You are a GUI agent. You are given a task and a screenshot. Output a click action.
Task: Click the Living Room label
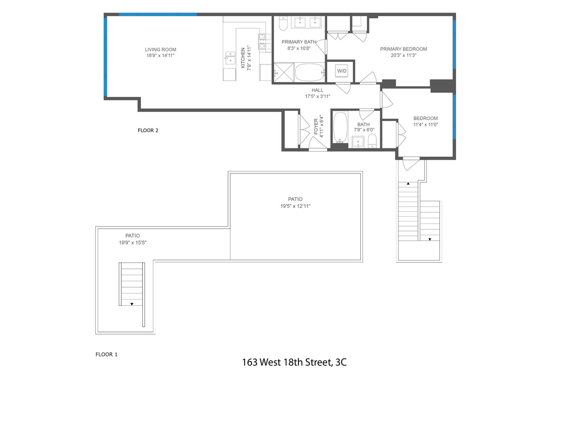(160, 50)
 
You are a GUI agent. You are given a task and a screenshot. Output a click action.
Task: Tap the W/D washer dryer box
(342, 71)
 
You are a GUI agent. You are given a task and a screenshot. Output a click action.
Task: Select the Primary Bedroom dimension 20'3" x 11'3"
(403, 55)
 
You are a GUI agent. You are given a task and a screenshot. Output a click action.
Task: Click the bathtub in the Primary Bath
(309, 72)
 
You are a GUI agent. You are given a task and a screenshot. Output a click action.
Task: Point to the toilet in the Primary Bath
(283, 24)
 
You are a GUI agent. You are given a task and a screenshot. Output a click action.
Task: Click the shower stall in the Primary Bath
(284, 72)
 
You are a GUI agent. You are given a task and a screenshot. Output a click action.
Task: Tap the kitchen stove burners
(262, 41)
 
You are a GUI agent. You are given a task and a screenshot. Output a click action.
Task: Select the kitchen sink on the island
(230, 58)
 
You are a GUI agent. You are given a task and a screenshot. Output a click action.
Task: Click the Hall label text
(317, 90)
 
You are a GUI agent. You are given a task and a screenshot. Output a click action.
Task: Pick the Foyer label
(316, 126)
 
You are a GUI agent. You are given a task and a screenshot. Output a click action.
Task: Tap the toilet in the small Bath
(372, 141)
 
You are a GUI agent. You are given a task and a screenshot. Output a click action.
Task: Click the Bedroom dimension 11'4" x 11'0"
(425, 124)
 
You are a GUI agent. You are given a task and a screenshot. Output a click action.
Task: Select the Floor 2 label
(148, 130)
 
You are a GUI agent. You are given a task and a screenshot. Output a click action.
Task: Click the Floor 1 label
(107, 355)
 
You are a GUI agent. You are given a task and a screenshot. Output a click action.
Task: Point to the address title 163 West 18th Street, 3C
(294, 362)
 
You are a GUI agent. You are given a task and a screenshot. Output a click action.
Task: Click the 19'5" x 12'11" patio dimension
(295, 206)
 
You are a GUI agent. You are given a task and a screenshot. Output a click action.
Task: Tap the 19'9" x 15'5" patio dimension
(132, 243)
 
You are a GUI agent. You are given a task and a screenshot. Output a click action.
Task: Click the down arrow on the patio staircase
(131, 304)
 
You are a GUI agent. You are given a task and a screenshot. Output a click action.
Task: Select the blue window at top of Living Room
(158, 14)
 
